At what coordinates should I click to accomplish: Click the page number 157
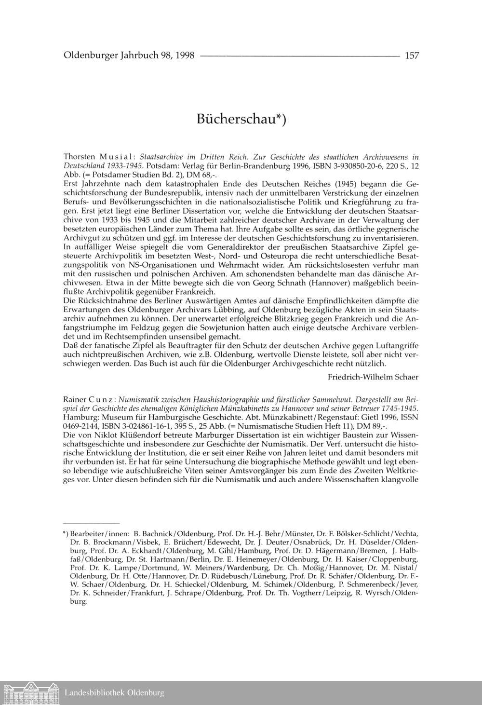pos(412,55)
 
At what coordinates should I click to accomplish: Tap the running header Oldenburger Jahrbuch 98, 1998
pos(129,55)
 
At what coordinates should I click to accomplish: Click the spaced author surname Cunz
pos(102,400)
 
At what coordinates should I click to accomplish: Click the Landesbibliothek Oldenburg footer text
pos(114,693)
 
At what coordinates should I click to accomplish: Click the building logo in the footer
pos(30,693)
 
